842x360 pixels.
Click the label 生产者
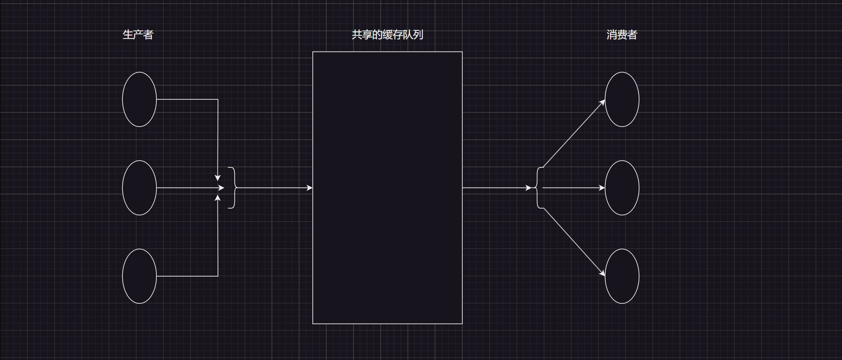138,35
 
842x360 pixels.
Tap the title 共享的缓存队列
387,35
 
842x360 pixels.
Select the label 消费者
622,35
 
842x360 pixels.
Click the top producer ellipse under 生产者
140,99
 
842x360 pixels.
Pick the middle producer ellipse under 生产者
140,188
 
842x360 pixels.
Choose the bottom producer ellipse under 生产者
140,276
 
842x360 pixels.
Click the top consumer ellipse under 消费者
622,99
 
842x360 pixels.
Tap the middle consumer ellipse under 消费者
622,188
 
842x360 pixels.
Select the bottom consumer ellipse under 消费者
622,276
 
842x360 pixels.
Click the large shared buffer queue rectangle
387,188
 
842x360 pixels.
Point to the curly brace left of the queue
233,188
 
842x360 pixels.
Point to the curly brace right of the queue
539,188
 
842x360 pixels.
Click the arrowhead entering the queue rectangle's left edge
310,188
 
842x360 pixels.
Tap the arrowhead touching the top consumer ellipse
603,102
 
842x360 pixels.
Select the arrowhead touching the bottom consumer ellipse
603,273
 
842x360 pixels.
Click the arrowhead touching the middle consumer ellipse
602,188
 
